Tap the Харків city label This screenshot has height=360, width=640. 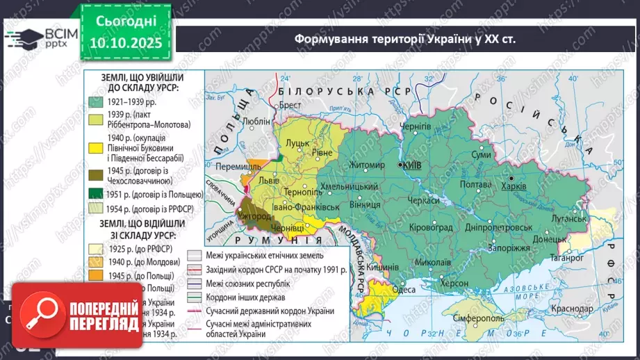[x=514, y=187]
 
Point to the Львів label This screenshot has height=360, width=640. [x=269, y=179]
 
